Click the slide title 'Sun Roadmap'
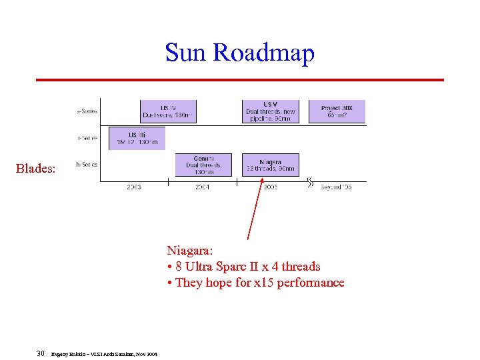[239, 53]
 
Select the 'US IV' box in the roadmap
[168, 111]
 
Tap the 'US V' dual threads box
[270, 111]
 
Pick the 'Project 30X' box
[337, 111]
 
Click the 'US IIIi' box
[136, 138]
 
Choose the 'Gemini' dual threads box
[203, 165]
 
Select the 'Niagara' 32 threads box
[270, 165]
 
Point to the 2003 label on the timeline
[133, 187]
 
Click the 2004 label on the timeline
[202, 187]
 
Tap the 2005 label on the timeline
[270, 187]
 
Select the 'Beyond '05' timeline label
[335, 187]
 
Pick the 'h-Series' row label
[87, 165]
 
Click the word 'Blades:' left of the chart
[35, 168]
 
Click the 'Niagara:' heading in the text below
[190, 251]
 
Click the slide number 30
[41, 353]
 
